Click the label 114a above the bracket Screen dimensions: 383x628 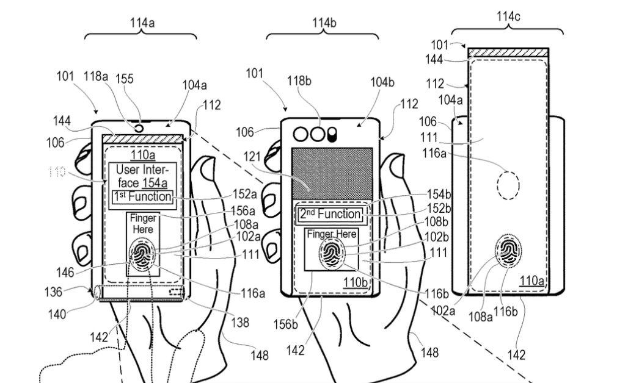point(142,23)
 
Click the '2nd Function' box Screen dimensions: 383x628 point(330,215)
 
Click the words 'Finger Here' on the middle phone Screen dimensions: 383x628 point(332,234)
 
